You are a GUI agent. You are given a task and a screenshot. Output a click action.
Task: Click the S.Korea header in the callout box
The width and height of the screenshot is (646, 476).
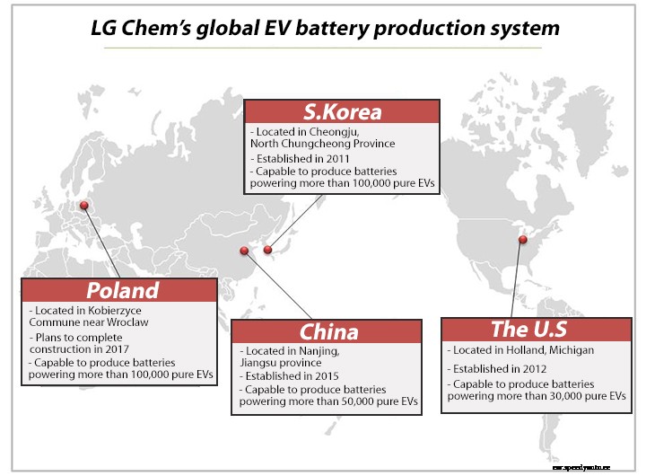(342, 112)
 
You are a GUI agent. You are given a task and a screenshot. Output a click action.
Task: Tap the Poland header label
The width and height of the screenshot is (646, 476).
(122, 290)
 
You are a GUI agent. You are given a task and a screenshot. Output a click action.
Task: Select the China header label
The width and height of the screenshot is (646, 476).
(328, 331)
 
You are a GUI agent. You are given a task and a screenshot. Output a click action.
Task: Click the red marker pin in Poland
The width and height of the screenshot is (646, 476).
(84, 205)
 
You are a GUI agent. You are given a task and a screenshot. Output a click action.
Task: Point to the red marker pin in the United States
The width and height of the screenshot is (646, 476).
(522, 240)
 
